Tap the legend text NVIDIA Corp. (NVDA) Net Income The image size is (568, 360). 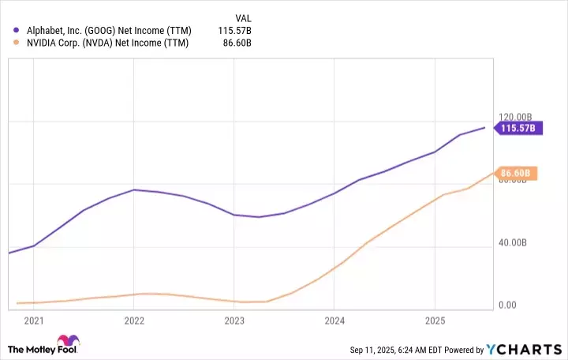106,43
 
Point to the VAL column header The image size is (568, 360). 244,17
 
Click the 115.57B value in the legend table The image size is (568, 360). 235,30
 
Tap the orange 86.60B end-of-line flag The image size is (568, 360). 518,173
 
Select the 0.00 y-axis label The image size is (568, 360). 507,306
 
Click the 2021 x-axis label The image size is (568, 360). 34,321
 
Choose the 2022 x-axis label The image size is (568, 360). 134,321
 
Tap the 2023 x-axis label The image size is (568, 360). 234,321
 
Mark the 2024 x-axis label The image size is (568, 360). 334,321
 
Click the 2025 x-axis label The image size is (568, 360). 434,321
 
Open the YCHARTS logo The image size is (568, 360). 522,349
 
